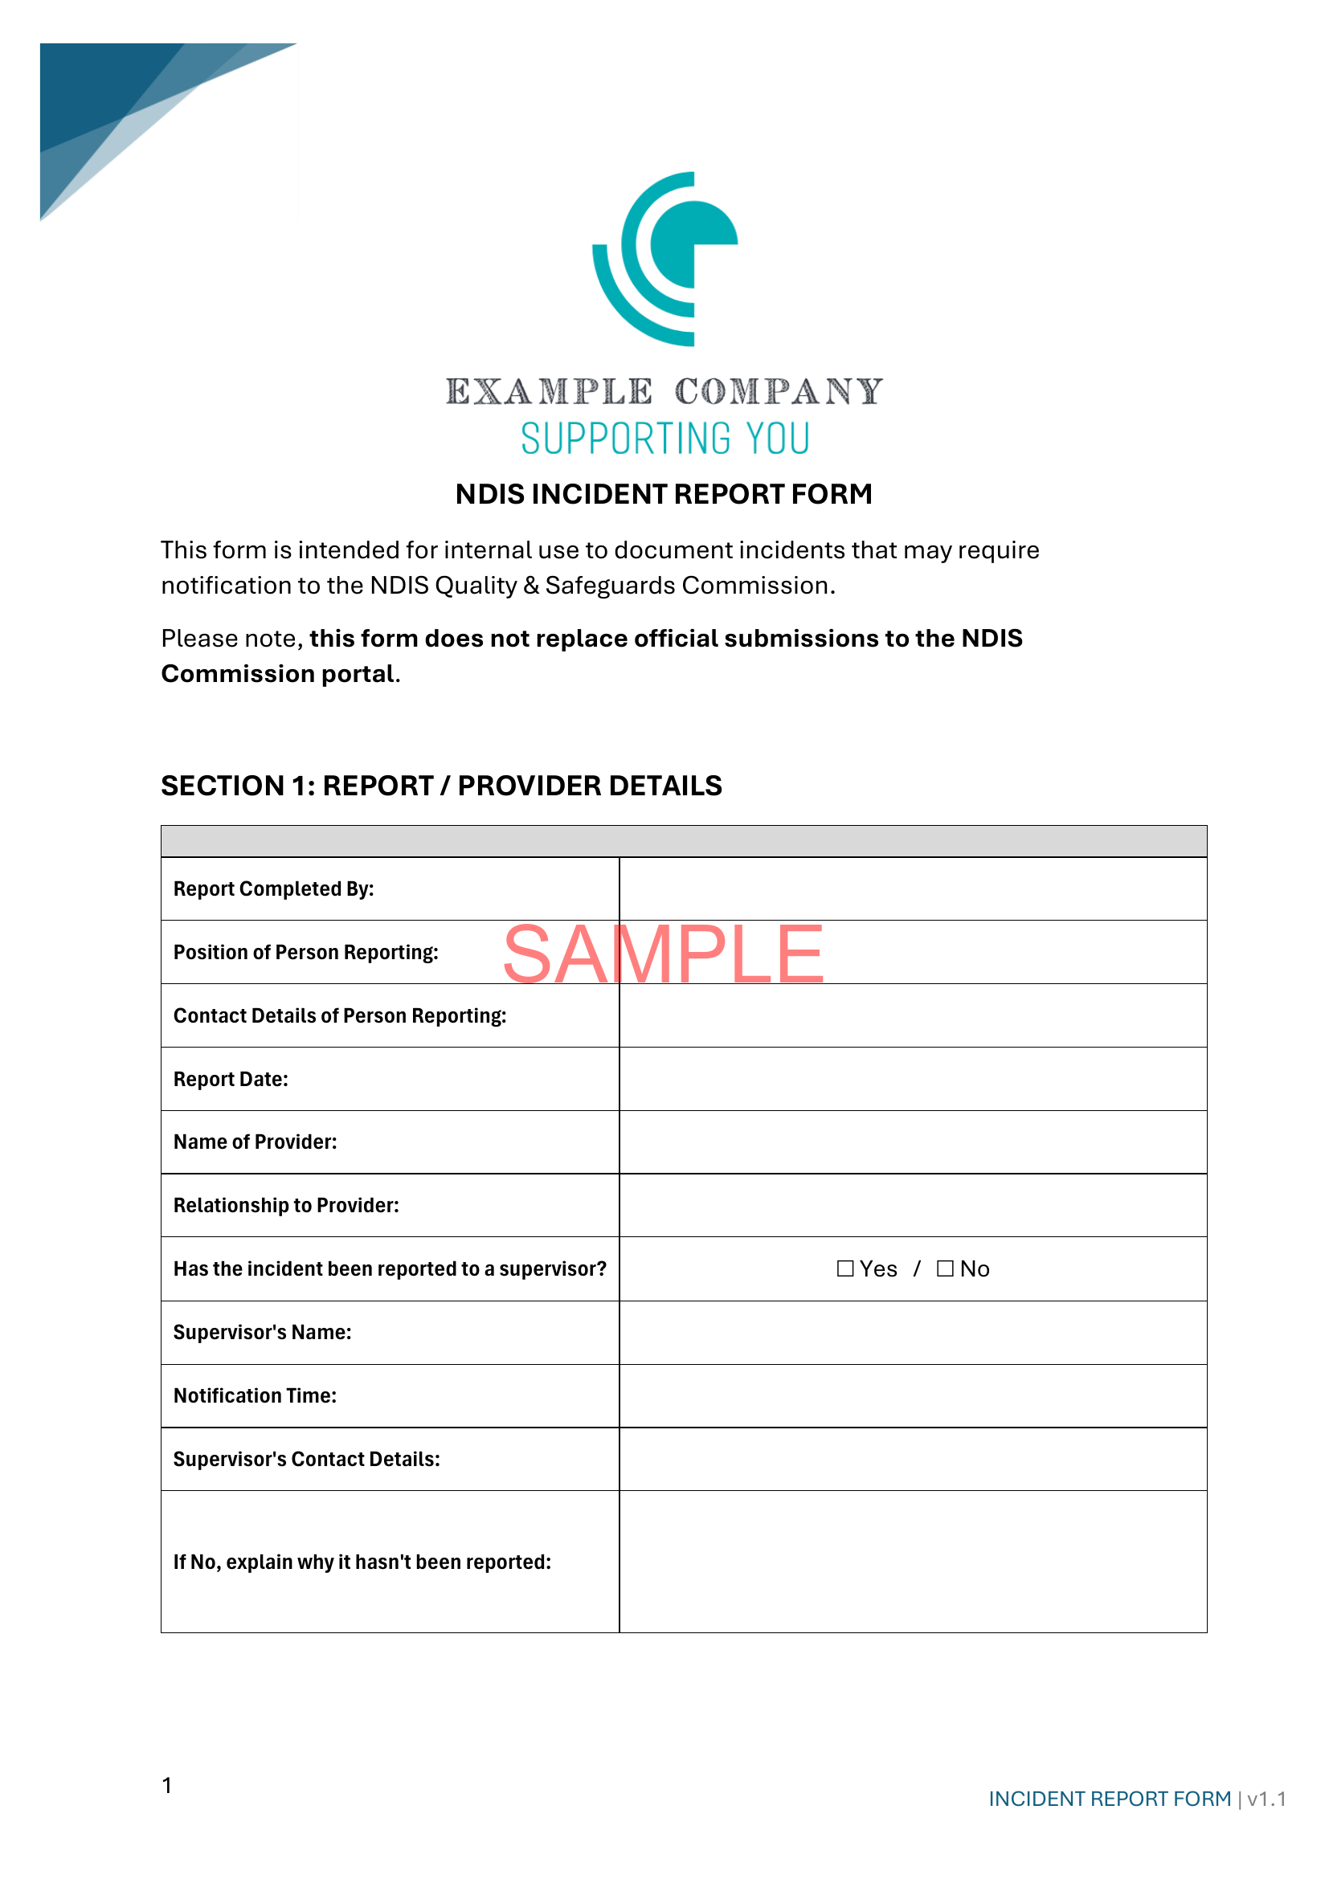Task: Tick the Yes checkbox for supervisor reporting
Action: pos(845,1268)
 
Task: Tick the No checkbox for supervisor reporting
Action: pos(945,1268)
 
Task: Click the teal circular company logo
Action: pos(664,259)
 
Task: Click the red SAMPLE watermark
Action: pos(663,954)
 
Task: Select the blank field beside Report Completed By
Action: pos(913,888)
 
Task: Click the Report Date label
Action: pos(231,1080)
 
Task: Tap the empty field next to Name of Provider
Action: pos(913,1142)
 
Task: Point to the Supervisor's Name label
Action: pos(262,1332)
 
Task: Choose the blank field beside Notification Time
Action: pos(913,1396)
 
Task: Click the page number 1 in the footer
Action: pos(167,1785)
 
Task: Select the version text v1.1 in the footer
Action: pos(1266,1799)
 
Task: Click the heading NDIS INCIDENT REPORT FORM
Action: pos(664,494)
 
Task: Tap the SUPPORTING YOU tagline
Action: pos(664,439)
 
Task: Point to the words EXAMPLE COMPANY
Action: pos(664,392)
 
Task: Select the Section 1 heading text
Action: pos(441,786)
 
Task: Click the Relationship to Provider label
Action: pos(285,1206)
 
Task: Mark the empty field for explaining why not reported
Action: pos(913,1562)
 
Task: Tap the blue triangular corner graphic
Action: pos(123,106)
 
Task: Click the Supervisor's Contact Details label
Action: pos(306,1459)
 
